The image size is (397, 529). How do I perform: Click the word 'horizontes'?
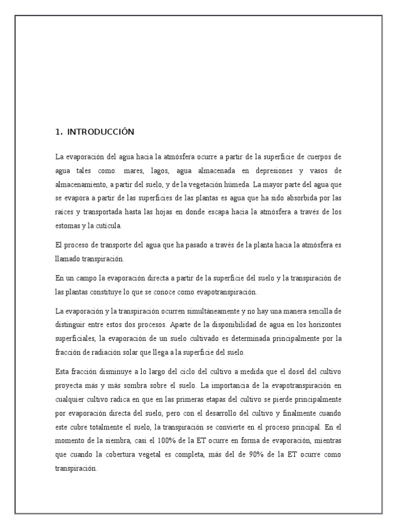pos(321,324)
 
